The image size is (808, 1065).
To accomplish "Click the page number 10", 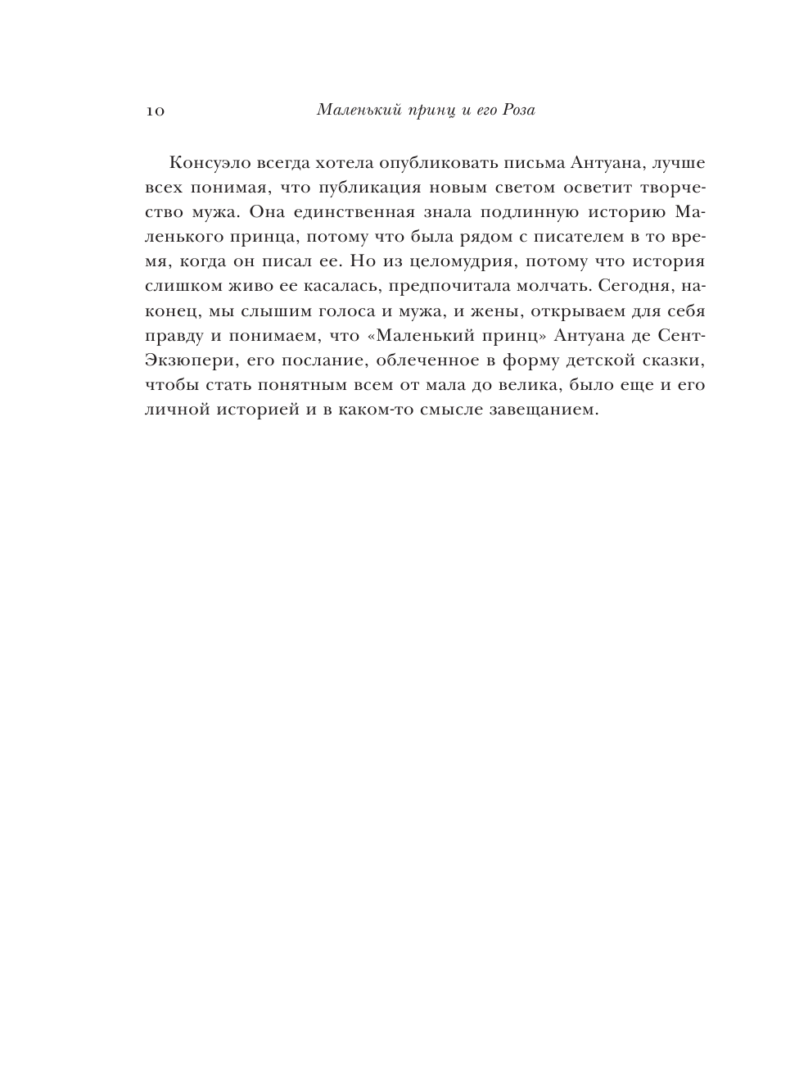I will coord(155,111).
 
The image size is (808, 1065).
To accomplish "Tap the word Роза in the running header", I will coord(516,110).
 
